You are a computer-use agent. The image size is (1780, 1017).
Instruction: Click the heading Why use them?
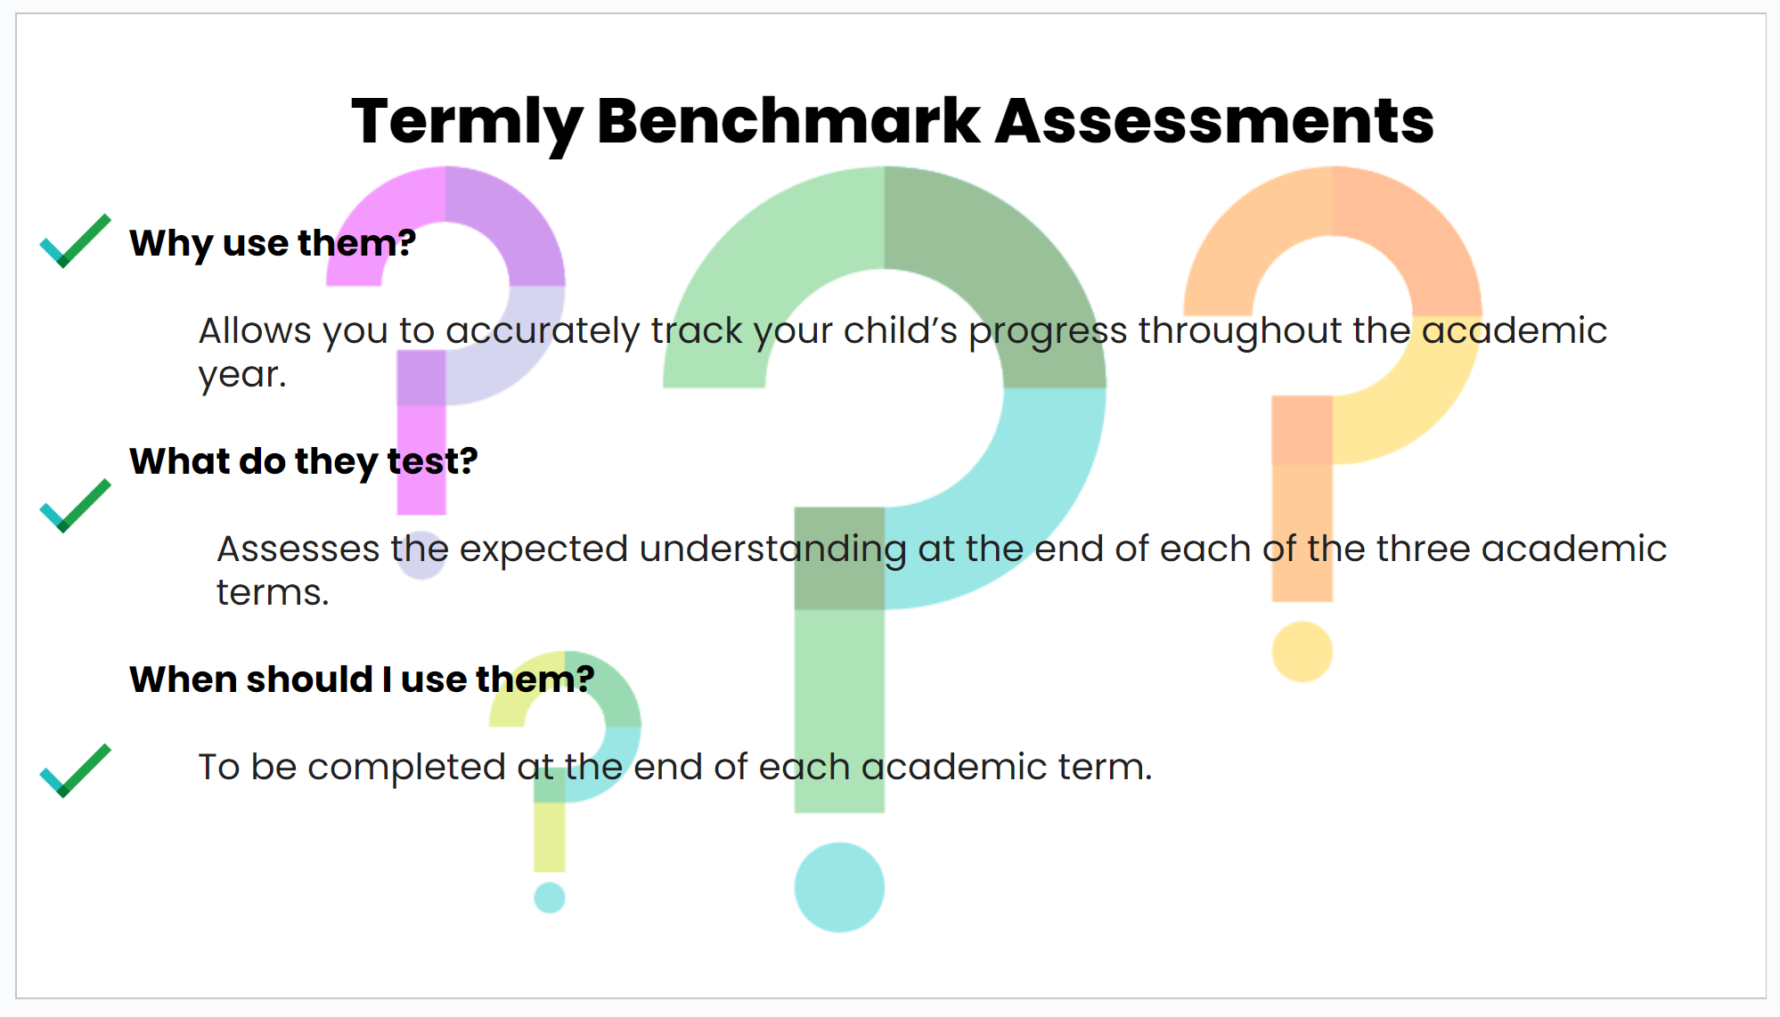point(273,244)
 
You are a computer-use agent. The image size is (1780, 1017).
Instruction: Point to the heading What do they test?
point(304,462)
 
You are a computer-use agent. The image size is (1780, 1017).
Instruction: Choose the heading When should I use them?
point(362,679)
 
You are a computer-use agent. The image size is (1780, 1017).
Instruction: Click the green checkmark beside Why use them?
point(76,240)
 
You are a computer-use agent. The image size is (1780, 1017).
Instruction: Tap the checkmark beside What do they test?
point(76,506)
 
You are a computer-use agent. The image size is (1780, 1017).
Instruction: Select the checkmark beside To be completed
point(76,770)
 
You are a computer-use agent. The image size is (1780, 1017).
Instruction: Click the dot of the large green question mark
point(839,887)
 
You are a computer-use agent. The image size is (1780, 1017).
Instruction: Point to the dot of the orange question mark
point(1302,651)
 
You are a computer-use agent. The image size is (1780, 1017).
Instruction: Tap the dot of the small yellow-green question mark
point(549,897)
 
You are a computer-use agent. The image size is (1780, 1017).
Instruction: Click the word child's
point(901,330)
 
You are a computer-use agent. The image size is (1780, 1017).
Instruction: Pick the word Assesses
point(298,549)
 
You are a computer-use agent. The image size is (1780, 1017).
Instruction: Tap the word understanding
point(773,550)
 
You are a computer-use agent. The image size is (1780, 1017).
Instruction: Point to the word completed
point(406,769)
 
